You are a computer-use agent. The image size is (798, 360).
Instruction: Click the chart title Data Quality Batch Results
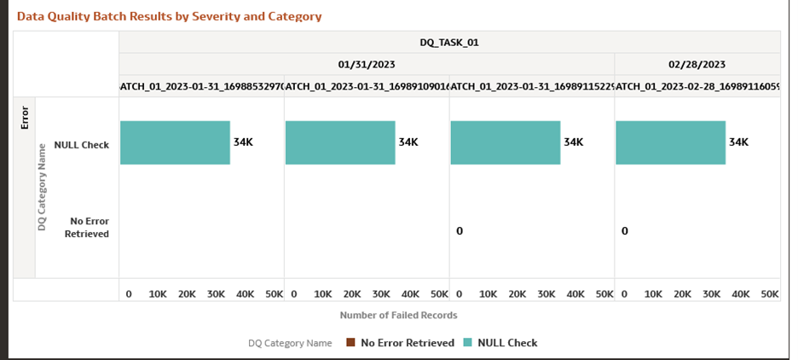169,16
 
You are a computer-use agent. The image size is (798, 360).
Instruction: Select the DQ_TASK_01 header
449,42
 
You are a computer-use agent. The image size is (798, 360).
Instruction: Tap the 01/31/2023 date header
367,64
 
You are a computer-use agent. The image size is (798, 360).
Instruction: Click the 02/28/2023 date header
697,64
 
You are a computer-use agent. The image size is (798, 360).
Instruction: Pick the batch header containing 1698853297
202,85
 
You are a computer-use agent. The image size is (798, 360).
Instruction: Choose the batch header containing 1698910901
367,85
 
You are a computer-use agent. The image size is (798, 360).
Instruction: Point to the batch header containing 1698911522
532,85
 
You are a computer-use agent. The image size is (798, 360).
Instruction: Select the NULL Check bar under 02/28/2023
670,142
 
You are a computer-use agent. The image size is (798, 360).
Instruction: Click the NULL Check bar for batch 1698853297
175,142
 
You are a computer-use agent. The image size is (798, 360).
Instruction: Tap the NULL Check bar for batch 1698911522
505,142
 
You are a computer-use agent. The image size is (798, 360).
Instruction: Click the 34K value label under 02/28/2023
738,142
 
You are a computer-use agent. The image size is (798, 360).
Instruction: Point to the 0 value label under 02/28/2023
624,231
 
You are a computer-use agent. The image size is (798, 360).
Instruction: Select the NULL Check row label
81,145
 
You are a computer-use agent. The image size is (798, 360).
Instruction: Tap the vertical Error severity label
24,116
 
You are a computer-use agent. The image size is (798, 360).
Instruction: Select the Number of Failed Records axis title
398,315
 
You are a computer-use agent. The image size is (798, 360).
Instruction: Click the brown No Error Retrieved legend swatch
350,343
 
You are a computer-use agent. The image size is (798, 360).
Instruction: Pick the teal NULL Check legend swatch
466,343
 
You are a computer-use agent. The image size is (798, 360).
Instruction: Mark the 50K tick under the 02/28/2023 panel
769,293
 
